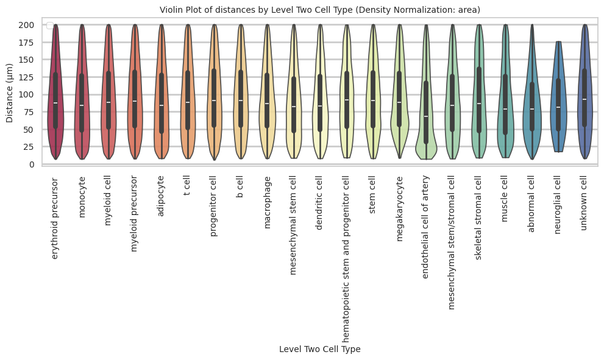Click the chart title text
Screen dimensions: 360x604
pyautogui.click(x=319, y=10)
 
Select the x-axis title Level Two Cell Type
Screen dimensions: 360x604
pyautogui.click(x=319, y=349)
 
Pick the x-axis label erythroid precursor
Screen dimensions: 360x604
pyautogui.click(x=55, y=218)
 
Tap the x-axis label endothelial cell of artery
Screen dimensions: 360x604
pyautogui.click(x=426, y=227)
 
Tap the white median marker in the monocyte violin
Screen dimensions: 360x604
pyautogui.click(x=82, y=105)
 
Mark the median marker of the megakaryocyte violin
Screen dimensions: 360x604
pyautogui.click(x=400, y=102)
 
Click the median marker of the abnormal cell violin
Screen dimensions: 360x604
pyautogui.click(x=532, y=109)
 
